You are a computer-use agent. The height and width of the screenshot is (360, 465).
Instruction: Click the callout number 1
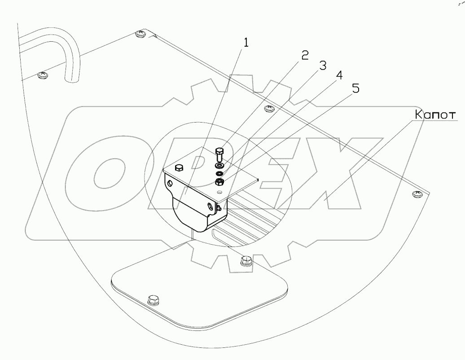click(246, 43)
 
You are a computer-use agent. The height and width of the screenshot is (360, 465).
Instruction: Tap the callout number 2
click(304, 56)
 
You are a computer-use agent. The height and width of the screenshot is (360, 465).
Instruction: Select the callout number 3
click(322, 66)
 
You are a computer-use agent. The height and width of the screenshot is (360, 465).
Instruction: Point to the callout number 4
click(339, 76)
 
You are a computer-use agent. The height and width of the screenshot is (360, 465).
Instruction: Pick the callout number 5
click(355, 88)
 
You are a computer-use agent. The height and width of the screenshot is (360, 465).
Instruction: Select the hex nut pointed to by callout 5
click(220, 182)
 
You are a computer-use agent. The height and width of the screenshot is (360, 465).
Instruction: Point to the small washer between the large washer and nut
click(219, 173)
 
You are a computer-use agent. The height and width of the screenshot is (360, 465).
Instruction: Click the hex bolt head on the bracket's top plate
click(179, 167)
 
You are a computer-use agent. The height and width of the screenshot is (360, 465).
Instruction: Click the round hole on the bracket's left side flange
click(171, 184)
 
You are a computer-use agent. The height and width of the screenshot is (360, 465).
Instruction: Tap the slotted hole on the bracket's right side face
click(210, 206)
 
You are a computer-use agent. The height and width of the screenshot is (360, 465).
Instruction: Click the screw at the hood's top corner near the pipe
click(141, 33)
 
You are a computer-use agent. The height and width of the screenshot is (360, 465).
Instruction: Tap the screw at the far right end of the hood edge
click(417, 193)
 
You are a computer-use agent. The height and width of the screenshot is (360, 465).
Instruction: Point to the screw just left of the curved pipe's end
click(43, 75)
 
